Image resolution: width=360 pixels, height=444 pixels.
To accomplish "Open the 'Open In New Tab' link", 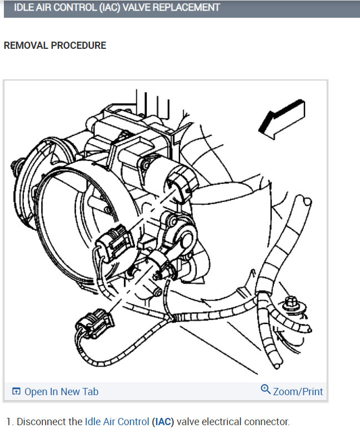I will pyautogui.click(x=61, y=392).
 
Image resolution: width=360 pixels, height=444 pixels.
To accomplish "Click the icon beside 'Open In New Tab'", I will pyautogui.click(x=16, y=392).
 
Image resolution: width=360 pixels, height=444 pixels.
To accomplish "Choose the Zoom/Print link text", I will pyautogui.click(x=298, y=392).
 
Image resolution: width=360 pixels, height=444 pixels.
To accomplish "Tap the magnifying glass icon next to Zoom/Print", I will pyautogui.click(x=266, y=390).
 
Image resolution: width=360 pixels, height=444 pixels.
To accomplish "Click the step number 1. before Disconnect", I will pyautogui.click(x=9, y=422).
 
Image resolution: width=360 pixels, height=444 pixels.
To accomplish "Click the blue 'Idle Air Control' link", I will pyautogui.click(x=117, y=422).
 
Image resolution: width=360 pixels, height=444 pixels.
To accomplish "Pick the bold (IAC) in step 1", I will pyautogui.click(x=163, y=422).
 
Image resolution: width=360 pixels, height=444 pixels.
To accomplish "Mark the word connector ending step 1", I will pyautogui.click(x=269, y=422).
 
